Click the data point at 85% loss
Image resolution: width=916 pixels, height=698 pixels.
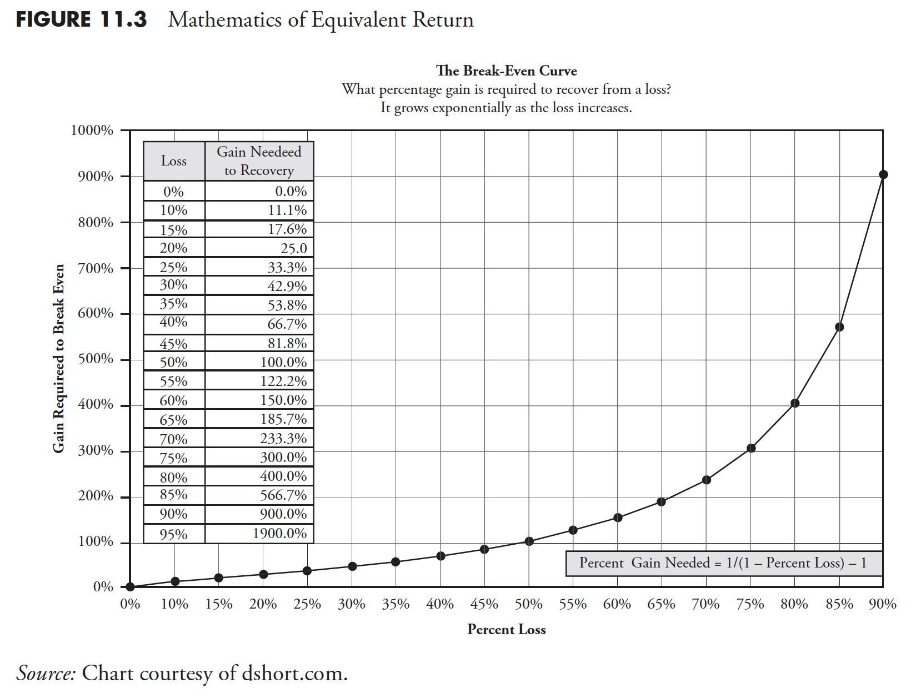tap(839, 327)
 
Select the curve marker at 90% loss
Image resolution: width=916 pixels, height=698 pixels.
tap(883, 175)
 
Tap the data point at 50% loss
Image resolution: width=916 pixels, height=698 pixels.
tap(529, 541)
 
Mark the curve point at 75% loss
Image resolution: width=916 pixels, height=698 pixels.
tap(751, 448)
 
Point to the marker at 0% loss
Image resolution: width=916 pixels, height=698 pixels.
tap(130, 586)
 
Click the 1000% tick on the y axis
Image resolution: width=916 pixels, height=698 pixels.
tap(92, 130)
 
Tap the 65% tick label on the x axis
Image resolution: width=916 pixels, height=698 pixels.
tap(661, 604)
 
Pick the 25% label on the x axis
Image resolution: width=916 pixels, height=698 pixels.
tap(307, 604)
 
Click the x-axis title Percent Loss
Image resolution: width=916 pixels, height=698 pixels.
tap(506, 629)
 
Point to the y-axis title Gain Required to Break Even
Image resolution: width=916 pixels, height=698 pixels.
tap(59, 358)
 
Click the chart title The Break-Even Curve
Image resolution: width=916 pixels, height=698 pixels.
tap(506, 71)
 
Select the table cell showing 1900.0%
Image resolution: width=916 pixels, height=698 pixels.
tap(279, 534)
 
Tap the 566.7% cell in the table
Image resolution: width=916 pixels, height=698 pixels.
tap(283, 495)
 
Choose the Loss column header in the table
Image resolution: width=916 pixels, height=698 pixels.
tap(174, 161)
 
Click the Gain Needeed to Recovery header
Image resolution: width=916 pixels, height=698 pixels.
tap(259, 161)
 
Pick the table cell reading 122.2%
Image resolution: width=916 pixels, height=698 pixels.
tap(283, 381)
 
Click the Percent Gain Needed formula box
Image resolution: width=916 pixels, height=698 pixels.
tap(723, 563)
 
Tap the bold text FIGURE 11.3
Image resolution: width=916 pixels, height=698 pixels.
tap(81, 20)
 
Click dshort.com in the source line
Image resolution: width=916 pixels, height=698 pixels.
tap(294, 673)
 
